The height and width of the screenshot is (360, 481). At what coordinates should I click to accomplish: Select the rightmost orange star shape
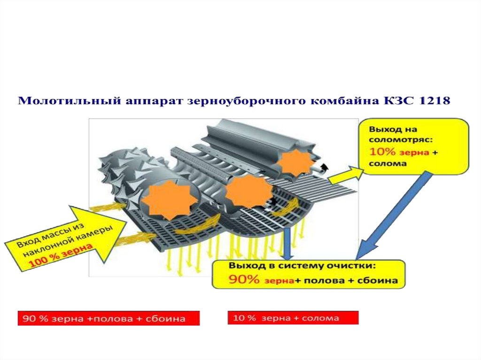click(x=296, y=164)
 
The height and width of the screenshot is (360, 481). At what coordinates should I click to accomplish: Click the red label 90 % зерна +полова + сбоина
click(x=109, y=319)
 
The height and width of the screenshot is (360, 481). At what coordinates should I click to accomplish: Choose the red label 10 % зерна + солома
click(x=293, y=318)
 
